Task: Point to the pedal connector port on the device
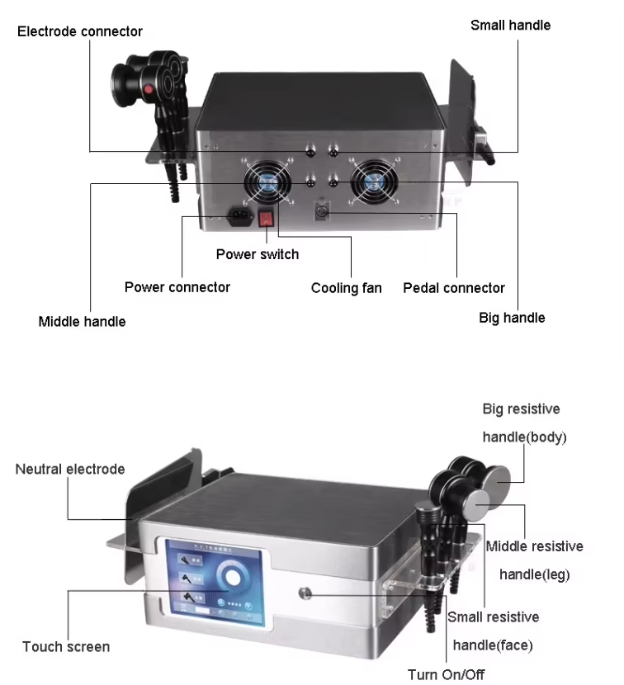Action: [323, 214]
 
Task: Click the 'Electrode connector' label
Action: [80, 32]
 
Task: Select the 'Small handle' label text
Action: [510, 26]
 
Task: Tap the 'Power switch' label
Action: [258, 254]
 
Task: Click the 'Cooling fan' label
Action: [346, 288]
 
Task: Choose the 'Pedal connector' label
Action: [454, 288]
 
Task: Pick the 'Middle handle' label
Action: [82, 321]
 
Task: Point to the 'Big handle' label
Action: [512, 318]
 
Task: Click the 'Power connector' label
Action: [177, 287]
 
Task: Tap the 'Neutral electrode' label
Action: [70, 469]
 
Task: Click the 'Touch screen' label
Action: [66, 646]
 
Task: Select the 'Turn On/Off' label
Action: [446, 674]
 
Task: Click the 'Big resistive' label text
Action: [521, 409]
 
